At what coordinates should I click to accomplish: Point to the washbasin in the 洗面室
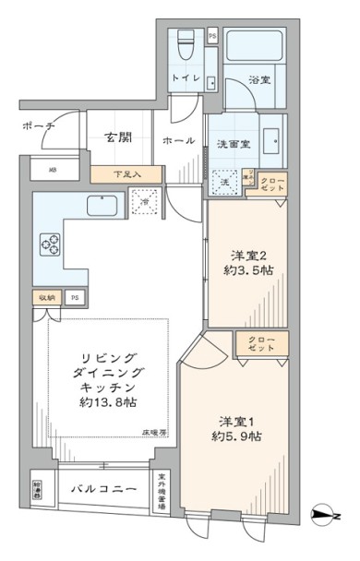[x=273, y=142]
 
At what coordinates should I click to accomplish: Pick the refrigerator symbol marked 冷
[x=145, y=201]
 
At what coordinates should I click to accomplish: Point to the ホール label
[x=177, y=140]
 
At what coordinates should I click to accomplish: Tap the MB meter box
[x=51, y=171]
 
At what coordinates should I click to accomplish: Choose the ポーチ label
[x=38, y=125]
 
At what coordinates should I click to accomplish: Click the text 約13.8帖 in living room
[x=107, y=402]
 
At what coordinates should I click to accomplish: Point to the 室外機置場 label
[x=162, y=489]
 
